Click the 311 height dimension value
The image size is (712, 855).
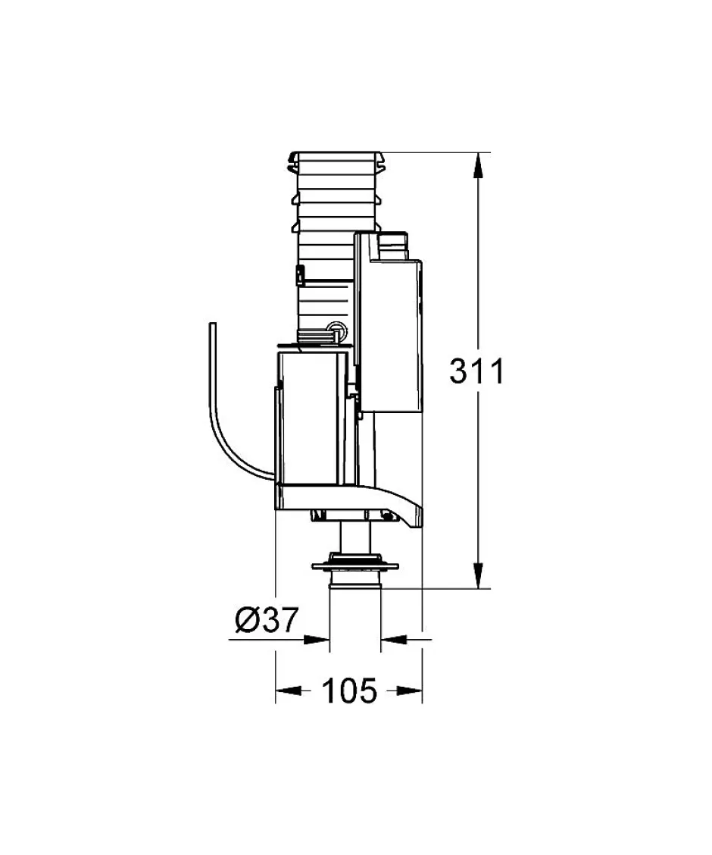coord(477,371)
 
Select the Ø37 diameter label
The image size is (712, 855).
coord(267,620)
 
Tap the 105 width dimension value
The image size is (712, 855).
coord(349,691)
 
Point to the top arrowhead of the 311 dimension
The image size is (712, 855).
coord(478,165)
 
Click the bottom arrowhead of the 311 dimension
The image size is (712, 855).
coord(478,576)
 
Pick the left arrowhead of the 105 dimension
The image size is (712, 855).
coord(288,691)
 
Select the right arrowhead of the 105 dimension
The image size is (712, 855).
coord(410,691)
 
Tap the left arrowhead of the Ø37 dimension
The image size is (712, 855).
coord(317,639)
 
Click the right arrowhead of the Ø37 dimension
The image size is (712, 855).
coord(393,639)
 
